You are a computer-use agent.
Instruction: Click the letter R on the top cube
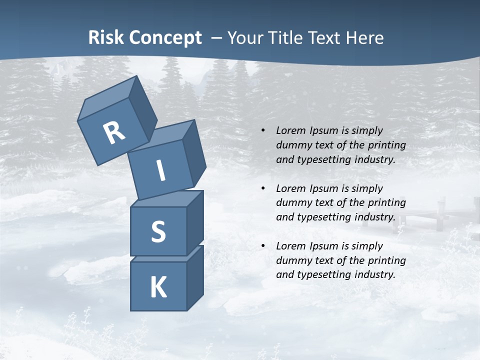(114, 133)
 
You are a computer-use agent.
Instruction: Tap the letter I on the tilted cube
(161, 171)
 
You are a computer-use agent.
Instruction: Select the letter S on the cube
(158, 231)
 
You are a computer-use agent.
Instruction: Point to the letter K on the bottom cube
(158, 287)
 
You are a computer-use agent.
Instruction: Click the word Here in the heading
(365, 38)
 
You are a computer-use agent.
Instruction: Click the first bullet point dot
(263, 130)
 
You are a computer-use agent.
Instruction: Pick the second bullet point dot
(263, 188)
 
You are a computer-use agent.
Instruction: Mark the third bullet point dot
(263, 246)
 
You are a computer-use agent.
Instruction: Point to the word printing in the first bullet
(387, 145)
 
